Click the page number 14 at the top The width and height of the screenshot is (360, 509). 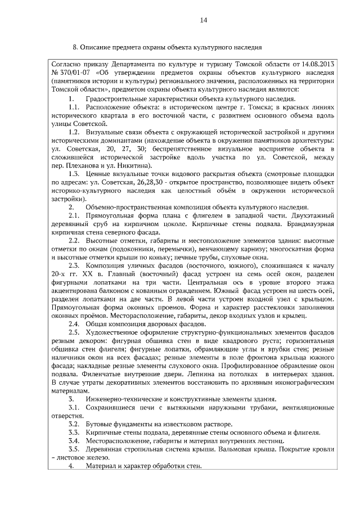204,20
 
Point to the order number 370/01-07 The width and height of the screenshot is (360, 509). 78,73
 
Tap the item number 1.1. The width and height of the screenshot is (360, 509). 74,107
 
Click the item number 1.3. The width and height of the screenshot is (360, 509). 74,174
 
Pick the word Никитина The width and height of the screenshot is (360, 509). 130,166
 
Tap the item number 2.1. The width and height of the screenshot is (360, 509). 74,217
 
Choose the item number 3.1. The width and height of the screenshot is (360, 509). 74,409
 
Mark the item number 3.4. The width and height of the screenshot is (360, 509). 74,443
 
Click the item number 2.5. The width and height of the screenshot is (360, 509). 74,334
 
